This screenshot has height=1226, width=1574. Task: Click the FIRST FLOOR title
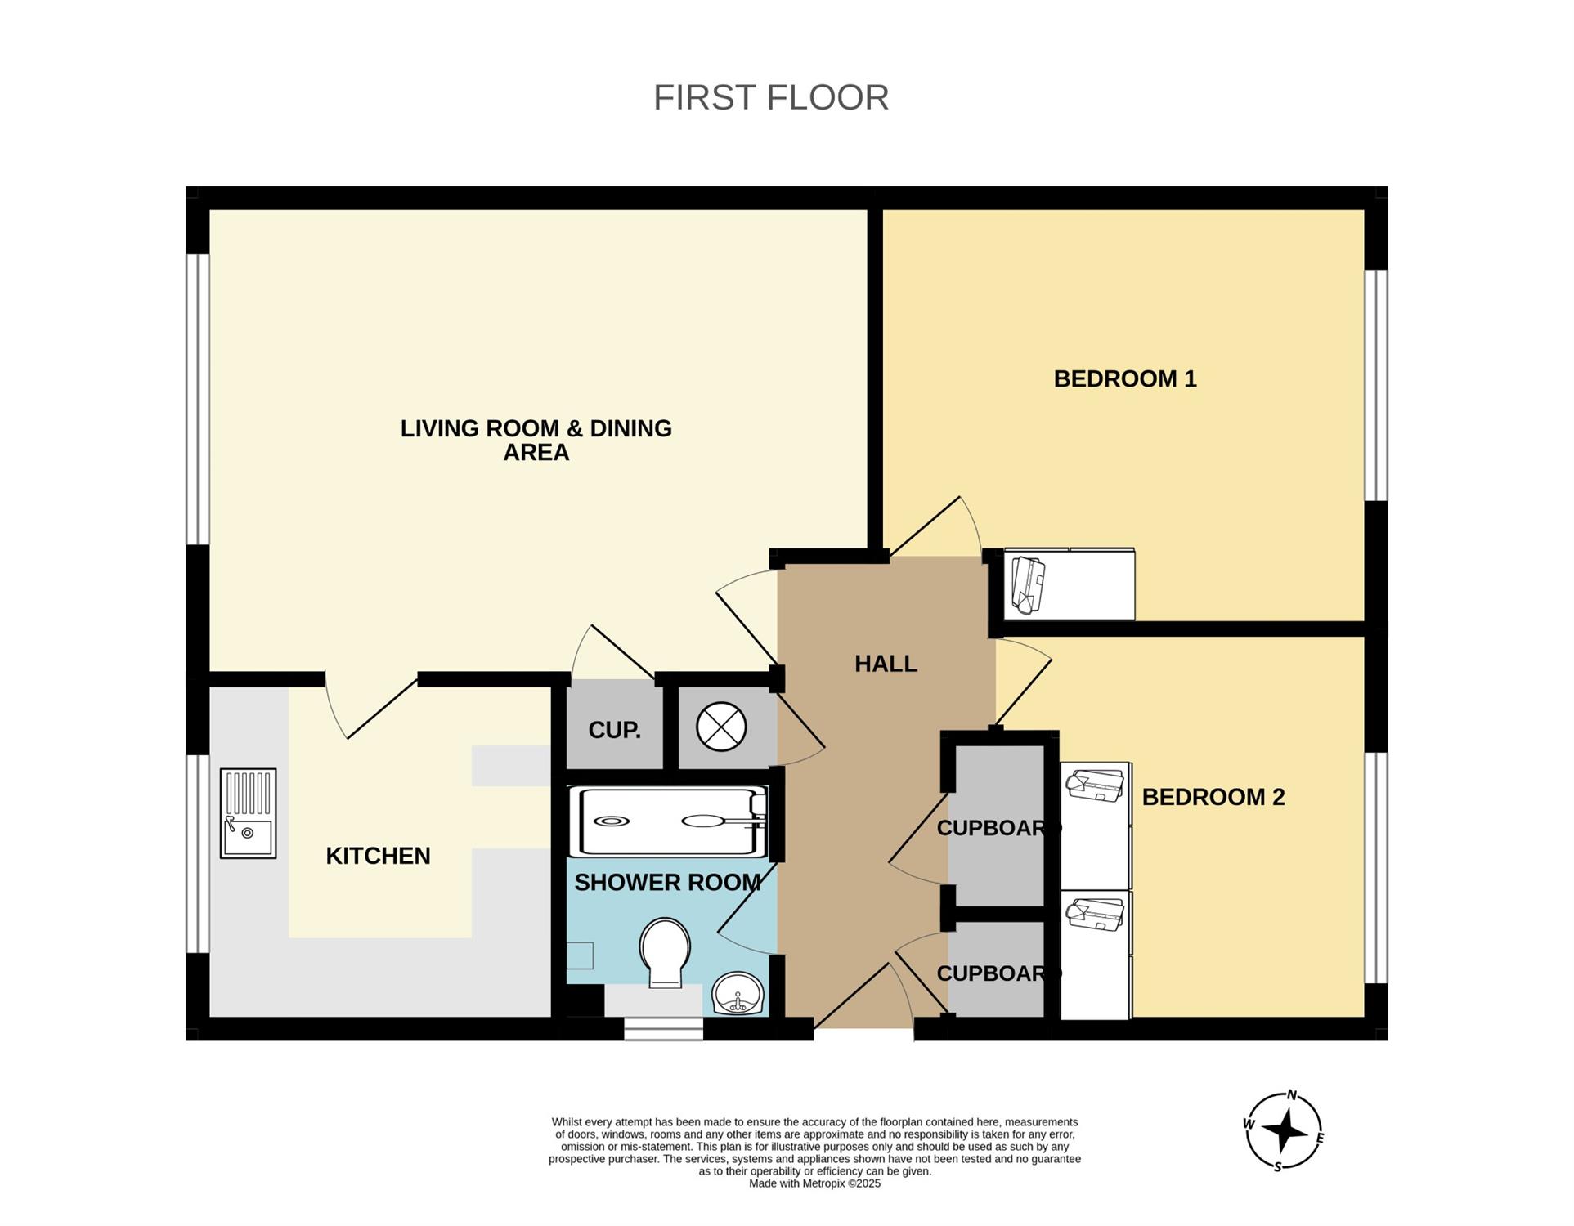point(770,97)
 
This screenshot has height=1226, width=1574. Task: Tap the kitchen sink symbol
point(248,813)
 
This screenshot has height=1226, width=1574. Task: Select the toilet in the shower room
point(665,952)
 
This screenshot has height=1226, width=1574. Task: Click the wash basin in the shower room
point(738,993)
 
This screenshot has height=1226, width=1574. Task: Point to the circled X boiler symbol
point(721,727)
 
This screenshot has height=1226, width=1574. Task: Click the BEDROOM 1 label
point(1125,379)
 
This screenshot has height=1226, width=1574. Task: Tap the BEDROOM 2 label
point(1213,797)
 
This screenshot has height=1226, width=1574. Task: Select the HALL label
point(886,664)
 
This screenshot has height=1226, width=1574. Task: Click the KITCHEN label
point(378,856)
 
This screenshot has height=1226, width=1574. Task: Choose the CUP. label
point(614,730)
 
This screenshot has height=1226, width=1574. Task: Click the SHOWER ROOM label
point(667,883)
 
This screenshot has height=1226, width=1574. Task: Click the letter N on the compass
point(1292,1095)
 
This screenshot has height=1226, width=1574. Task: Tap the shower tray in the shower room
point(669,821)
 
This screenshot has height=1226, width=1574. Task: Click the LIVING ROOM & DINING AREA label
point(536,441)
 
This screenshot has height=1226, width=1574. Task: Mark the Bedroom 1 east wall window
point(1376,385)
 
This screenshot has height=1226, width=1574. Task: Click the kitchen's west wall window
point(198,854)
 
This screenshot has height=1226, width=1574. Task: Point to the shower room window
point(663,1029)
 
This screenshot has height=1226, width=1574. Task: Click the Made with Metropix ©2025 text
point(814,1183)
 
